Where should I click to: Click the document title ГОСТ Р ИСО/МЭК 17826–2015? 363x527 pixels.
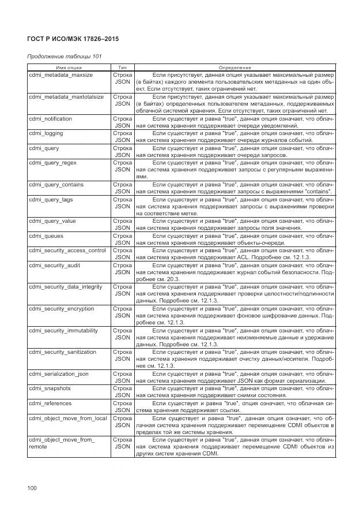click(x=73, y=39)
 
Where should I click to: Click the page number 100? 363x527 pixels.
click(x=32, y=488)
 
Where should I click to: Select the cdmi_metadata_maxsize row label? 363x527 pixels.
click(x=60, y=76)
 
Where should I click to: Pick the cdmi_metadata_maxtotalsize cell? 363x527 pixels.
click(x=66, y=97)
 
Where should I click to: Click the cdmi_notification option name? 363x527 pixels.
click(x=51, y=119)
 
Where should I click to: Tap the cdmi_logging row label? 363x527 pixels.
click(x=46, y=133)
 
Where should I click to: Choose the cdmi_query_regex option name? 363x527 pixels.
click(x=52, y=163)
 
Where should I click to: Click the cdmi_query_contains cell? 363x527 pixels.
click(x=56, y=185)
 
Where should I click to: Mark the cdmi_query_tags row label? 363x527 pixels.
click(x=51, y=199)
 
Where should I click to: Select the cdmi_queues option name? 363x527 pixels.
click(x=46, y=236)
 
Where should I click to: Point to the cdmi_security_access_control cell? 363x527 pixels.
click(x=67, y=251)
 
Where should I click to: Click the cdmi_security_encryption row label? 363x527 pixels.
click(x=62, y=309)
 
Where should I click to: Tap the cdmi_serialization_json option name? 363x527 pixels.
click(x=59, y=374)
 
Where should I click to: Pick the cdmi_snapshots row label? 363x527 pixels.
click(x=50, y=388)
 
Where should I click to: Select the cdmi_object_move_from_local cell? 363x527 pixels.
click(x=67, y=418)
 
